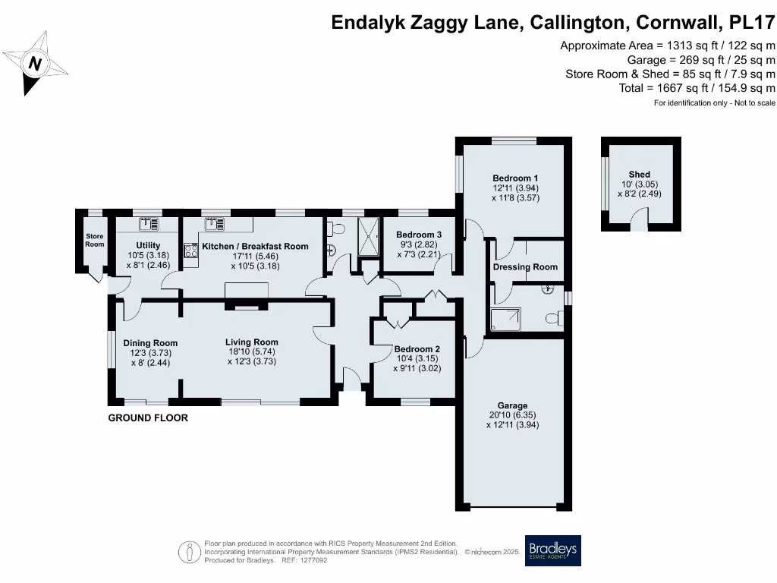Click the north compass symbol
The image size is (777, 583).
click(35, 63)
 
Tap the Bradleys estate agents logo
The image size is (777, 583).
click(552, 550)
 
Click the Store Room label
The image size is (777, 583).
click(94, 240)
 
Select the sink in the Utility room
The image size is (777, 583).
click(146, 224)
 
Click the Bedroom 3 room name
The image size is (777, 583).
click(418, 235)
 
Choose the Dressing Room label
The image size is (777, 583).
click(525, 267)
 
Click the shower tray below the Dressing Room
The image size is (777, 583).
click(506, 320)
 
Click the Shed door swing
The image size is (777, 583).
click(641, 223)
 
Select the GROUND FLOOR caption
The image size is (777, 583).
click(148, 418)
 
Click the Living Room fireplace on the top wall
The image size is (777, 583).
click(245, 307)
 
